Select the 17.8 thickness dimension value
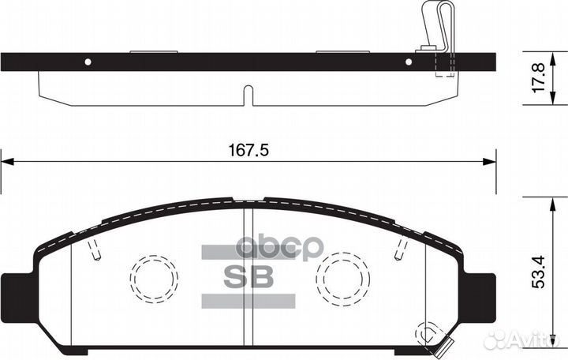(x=540, y=80)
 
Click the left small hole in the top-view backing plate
(x=88, y=62)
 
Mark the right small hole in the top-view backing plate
(x=409, y=62)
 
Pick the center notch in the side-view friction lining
(x=248, y=95)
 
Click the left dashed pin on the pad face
(x=95, y=250)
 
